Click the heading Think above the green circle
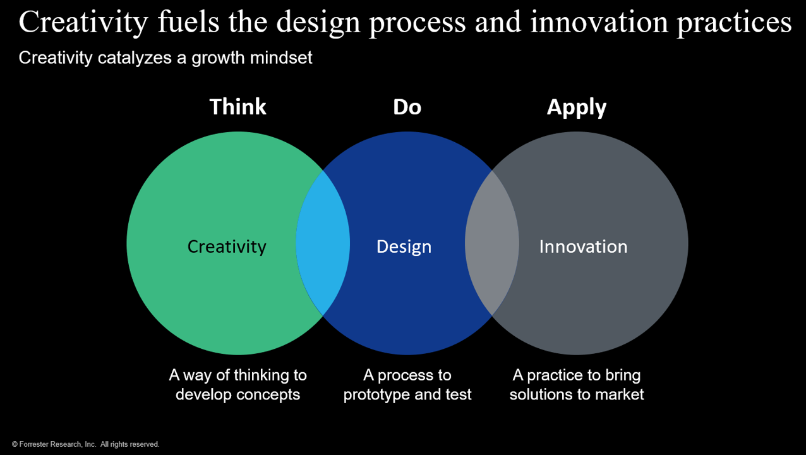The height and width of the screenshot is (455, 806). tap(238, 107)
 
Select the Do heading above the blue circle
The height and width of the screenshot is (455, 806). tap(407, 107)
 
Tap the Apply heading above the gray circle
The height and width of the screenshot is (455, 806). tap(577, 108)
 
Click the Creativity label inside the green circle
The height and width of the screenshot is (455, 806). tap(227, 247)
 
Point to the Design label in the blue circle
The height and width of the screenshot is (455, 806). tap(404, 247)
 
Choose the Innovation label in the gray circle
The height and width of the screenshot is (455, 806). tap(583, 247)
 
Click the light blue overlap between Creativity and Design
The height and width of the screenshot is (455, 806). tap(323, 243)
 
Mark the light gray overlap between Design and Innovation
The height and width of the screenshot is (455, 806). tap(492, 243)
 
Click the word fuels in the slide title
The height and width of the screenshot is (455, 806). tap(188, 23)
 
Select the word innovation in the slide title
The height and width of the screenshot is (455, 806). tap(599, 23)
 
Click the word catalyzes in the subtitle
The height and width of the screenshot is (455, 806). tap(135, 58)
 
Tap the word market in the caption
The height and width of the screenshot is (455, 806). tap(619, 394)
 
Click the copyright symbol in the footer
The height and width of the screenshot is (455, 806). tap(15, 444)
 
